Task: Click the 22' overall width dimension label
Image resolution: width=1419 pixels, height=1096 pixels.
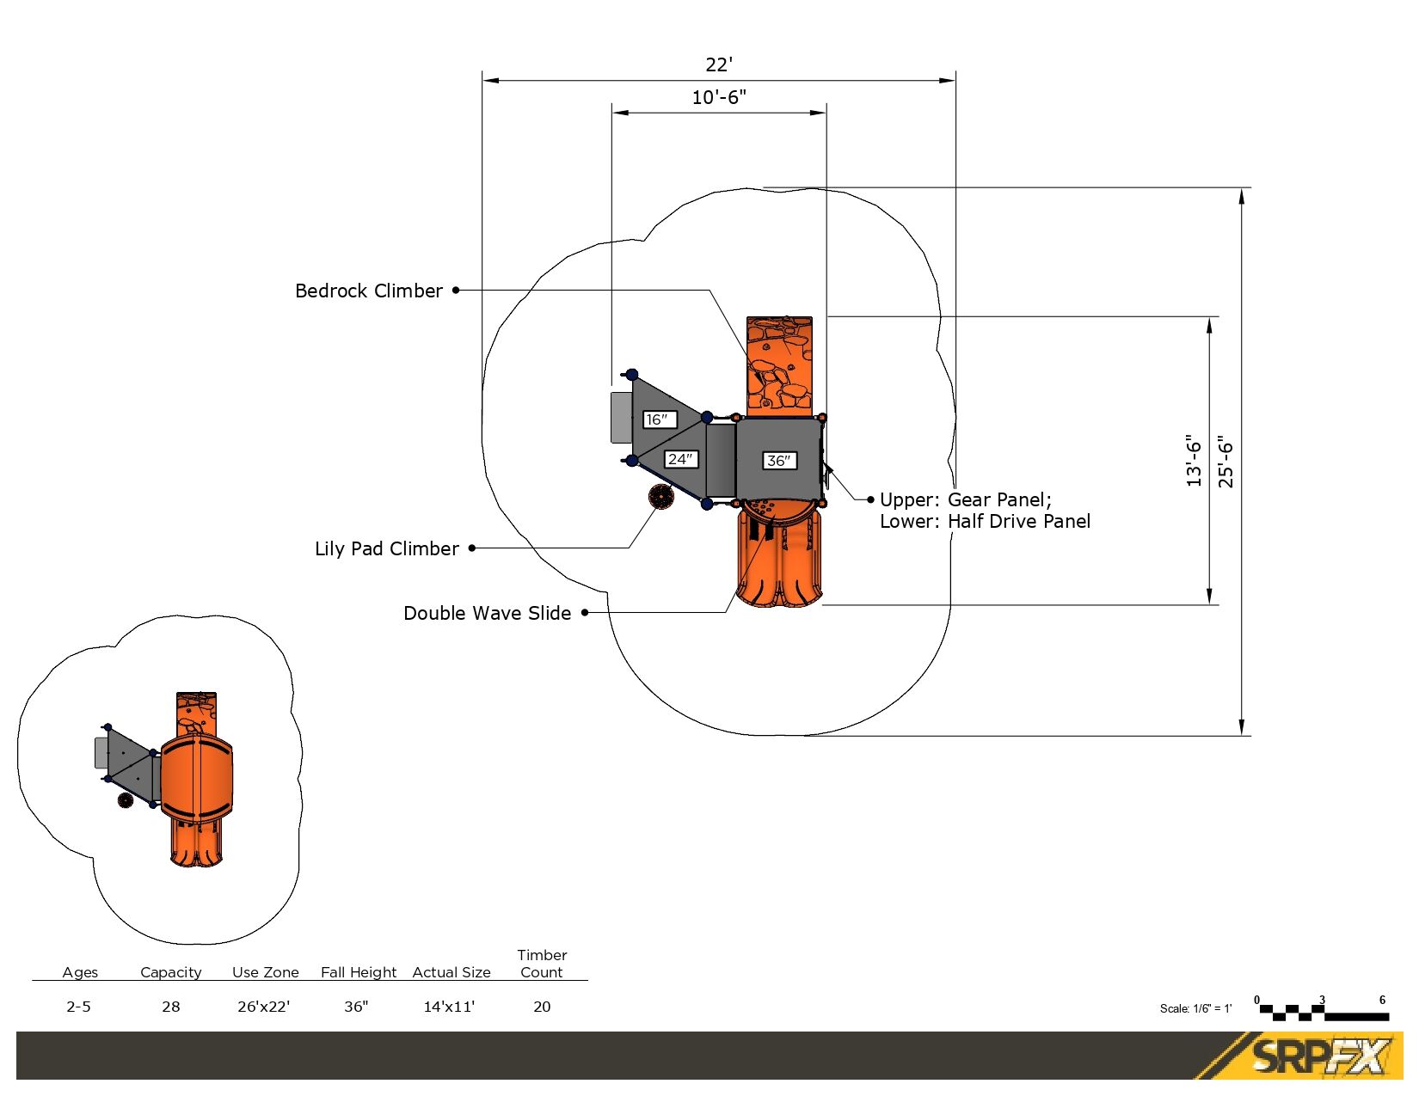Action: tap(719, 64)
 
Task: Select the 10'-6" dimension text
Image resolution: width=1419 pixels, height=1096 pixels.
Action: tap(719, 97)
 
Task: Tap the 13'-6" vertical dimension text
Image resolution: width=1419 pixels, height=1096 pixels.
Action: tap(1194, 460)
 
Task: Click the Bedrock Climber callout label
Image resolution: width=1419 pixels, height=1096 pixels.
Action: tap(369, 291)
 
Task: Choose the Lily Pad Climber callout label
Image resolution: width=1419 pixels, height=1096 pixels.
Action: tap(387, 548)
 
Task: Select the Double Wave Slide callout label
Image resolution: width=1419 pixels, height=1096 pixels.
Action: tap(487, 613)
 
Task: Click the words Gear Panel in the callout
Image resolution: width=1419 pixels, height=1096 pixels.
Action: tap(999, 500)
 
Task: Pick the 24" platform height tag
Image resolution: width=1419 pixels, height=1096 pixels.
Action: tap(680, 460)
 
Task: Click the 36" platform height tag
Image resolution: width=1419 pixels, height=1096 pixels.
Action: tap(779, 461)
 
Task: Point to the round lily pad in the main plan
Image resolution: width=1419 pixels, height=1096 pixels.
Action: tap(660, 497)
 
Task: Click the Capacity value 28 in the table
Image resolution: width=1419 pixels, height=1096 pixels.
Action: tap(171, 1007)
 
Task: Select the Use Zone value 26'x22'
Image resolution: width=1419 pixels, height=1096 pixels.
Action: tap(264, 1007)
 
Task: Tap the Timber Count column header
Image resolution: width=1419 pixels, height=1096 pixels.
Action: tap(542, 964)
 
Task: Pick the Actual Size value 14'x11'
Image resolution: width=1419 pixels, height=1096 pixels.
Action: tap(449, 1007)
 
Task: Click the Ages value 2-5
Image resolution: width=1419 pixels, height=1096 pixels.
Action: tap(78, 1007)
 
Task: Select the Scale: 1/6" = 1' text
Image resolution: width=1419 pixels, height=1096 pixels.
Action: tap(1195, 1008)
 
